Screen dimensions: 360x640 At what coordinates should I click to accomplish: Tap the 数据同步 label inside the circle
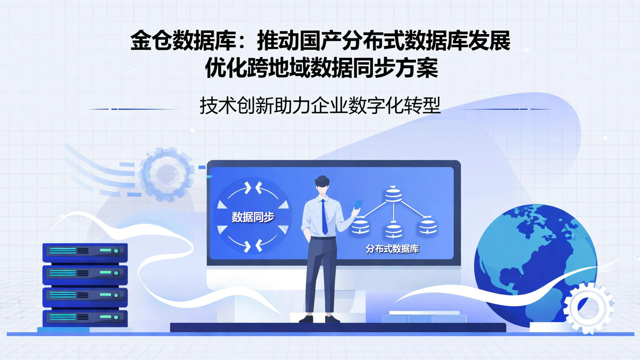[x=253, y=217]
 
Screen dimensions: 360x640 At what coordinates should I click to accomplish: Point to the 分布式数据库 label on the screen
[x=392, y=249]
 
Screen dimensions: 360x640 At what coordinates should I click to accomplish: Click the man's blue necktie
[x=324, y=218]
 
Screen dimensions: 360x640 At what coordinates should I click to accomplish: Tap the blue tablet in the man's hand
[x=358, y=205]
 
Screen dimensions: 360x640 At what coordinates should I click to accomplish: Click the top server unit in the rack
[x=85, y=252]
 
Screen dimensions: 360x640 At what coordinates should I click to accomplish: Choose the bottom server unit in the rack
[x=85, y=317]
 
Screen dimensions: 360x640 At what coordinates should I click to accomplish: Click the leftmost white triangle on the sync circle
[x=221, y=205]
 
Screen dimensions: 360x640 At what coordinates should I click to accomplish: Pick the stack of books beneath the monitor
[x=424, y=317]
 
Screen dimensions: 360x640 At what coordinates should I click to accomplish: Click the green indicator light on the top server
[x=116, y=251]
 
